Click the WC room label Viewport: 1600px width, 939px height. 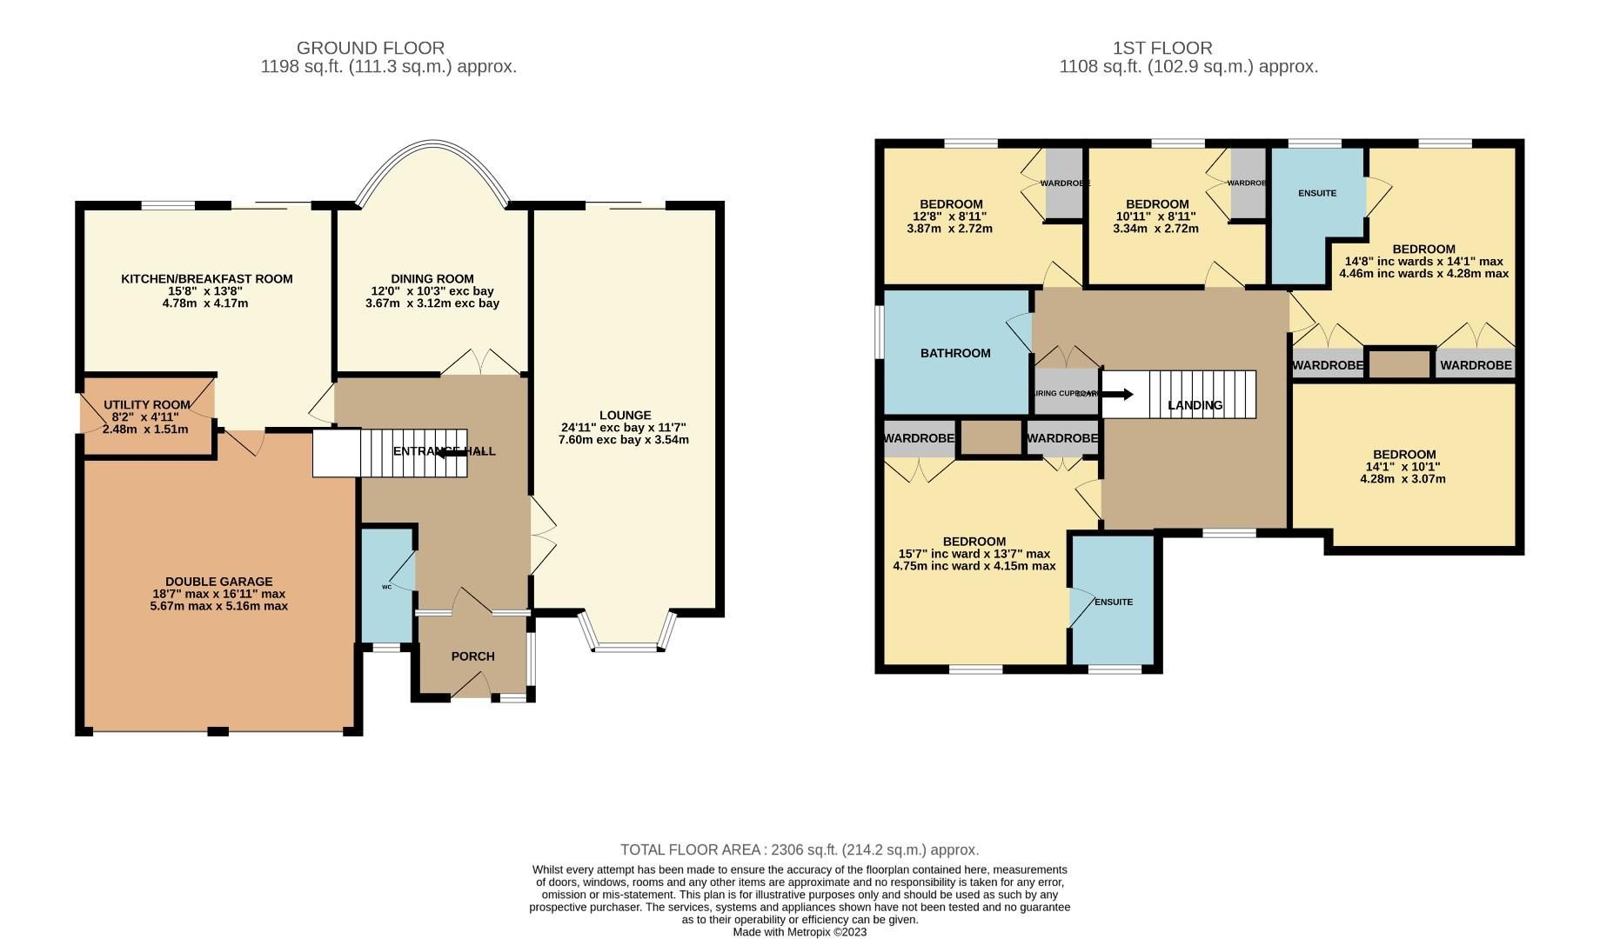point(386,587)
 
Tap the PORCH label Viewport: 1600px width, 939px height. point(472,656)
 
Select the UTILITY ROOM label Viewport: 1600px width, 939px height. point(146,405)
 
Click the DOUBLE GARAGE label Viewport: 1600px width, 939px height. point(218,582)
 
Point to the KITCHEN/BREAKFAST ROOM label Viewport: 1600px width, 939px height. point(206,279)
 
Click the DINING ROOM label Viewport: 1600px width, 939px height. point(432,279)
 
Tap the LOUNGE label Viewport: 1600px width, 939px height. point(625,416)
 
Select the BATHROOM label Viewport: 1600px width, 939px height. point(955,353)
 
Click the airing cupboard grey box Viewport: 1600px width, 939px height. point(1054,393)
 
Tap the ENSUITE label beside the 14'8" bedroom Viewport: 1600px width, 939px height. point(1316,193)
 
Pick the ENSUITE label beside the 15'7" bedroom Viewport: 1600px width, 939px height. point(1114,602)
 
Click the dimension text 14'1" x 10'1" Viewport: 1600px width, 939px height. point(1404,467)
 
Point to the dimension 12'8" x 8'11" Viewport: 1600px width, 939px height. point(949,216)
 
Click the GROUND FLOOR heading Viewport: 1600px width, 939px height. point(371,48)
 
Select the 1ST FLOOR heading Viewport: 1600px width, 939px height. point(1162,48)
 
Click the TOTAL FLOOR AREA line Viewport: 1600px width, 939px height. point(799,849)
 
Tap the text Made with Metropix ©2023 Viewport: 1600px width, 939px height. point(799,932)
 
